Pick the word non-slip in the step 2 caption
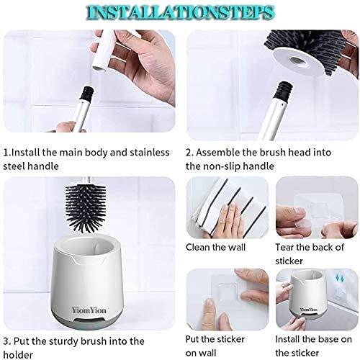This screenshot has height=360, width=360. tap(226, 166)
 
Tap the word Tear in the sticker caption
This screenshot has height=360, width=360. tap(288, 247)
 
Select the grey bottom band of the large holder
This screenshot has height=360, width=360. tap(98, 310)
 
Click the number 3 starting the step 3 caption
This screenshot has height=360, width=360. tap(6, 340)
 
